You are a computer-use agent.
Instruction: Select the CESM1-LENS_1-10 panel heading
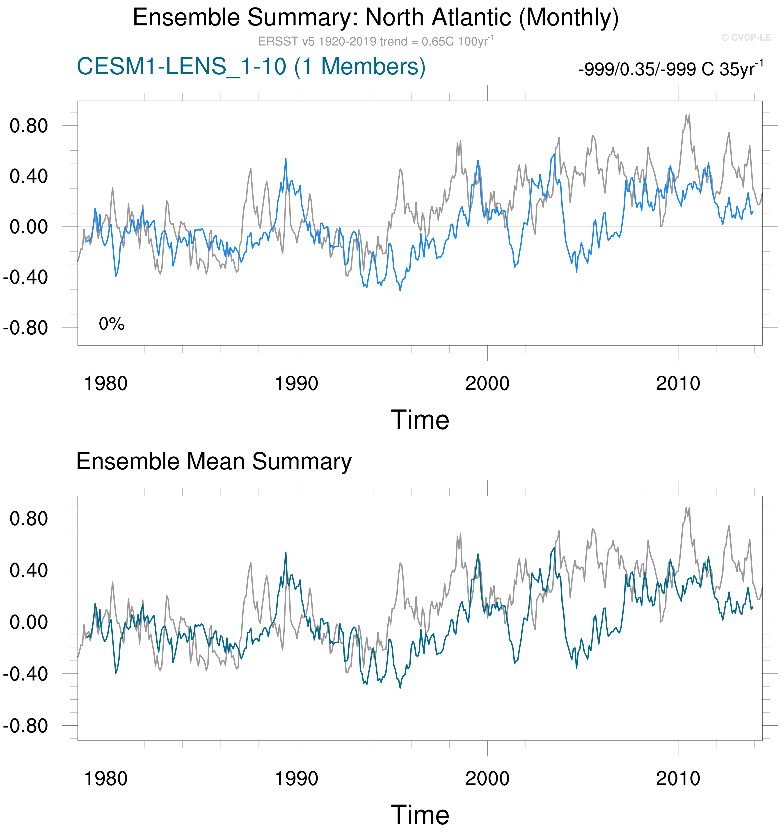click(251, 67)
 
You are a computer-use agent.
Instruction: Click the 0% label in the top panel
click(112, 324)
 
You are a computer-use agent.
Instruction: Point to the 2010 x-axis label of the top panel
click(678, 383)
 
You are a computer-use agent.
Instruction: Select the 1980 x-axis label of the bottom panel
click(106, 779)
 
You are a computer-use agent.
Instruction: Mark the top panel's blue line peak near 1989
click(286, 159)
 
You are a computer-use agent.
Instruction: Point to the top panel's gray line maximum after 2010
click(686, 115)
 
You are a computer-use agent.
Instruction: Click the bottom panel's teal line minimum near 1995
click(400, 688)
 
